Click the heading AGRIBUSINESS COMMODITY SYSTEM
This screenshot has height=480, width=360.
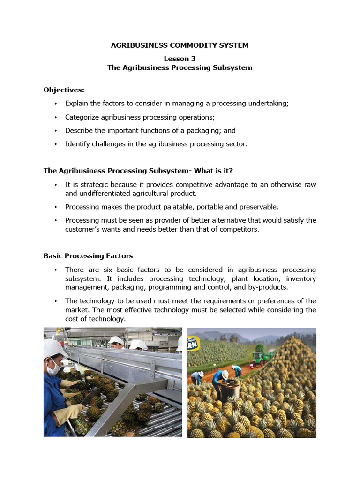click(x=180, y=45)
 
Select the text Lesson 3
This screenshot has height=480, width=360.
click(x=180, y=59)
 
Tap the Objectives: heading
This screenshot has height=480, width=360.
click(x=64, y=90)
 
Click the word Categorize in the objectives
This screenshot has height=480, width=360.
click(x=82, y=117)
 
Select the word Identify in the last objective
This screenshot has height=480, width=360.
click(x=77, y=144)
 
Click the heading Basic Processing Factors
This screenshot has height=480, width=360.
click(x=88, y=256)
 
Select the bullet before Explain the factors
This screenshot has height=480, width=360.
click(x=55, y=104)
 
